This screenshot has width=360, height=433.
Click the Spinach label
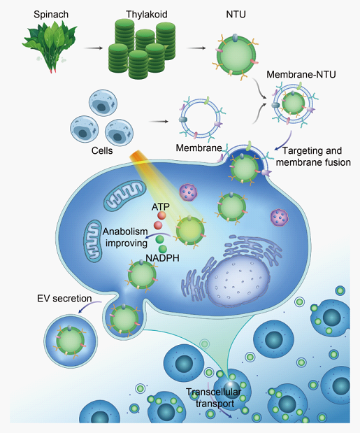pyautogui.click(x=51, y=15)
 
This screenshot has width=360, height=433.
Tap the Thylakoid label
pyautogui.click(x=147, y=15)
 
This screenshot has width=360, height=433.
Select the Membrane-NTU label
pyautogui.click(x=301, y=75)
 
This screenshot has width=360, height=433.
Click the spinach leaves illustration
pyautogui.click(x=50, y=46)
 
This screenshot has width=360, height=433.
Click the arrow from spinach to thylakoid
pyautogui.click(x=93, y=48)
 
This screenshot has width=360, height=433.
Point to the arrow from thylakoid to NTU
pyautogui.click(x=196, y=48)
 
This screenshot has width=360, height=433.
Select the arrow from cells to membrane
pyautogui.click(x=159, y=122)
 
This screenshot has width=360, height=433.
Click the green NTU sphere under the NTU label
pyautogui.click(x=236, y=54)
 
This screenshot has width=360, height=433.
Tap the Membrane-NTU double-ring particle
pyautogui.click(x=293, y=104)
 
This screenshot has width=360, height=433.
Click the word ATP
pyautogui.click(x=160, y=206)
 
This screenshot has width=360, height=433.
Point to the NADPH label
pyautogui.click(x=162, y=258)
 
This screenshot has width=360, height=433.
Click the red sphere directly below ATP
pyautogui.click(x=161, y=215)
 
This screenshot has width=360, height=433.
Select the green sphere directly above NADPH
pyautogui.click(x=162, y=249)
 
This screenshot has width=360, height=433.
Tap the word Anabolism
pyautogui.click(x=125, y=232)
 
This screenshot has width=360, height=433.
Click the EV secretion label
pyautogui.click(x=64, y=299)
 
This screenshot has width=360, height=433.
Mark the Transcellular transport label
pyautogui.click(x=214, y=397)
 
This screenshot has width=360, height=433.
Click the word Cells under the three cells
pyautogui.click(x=102, y=151)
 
